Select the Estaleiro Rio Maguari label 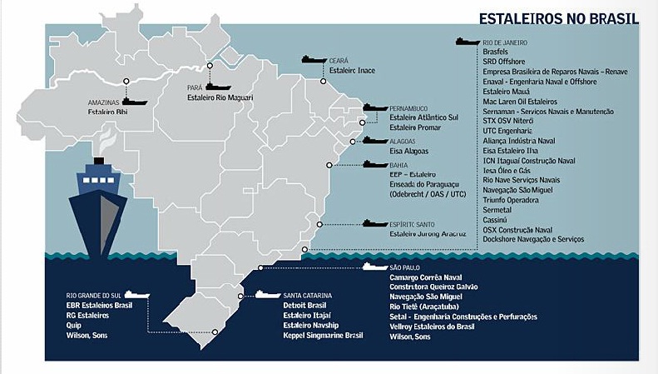point(220,97)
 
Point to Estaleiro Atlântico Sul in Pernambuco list point(423,118)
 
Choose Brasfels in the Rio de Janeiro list point(496,51)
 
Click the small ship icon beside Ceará point(314,60)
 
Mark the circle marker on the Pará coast point(210,65)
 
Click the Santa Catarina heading point(308,296)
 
